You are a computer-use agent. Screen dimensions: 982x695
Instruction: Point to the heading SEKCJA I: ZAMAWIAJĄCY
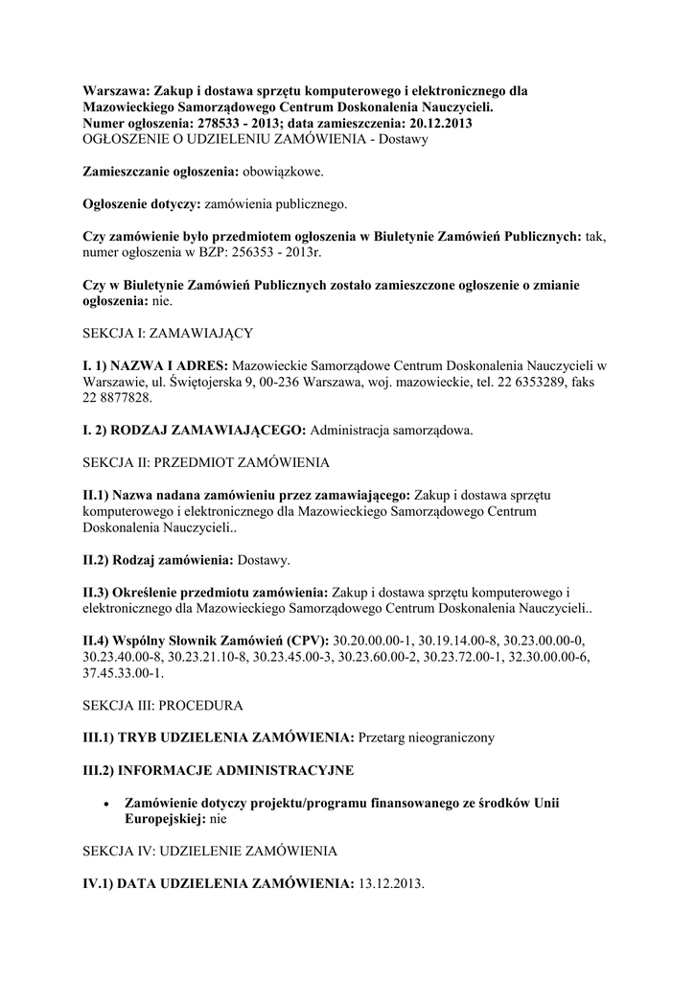tap(167, 333)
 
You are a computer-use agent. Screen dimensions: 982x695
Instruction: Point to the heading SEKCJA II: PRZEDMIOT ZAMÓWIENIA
tap(205, 462)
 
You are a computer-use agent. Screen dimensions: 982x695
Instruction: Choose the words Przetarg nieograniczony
tap(428, 737)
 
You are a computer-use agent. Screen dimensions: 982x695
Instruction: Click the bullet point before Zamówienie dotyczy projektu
tap(106, 803)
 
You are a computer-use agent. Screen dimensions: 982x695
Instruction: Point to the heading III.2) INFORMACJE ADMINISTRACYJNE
tap(218, 770)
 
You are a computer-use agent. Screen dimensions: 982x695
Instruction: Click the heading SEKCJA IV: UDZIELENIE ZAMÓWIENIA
tap(208, 851)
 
